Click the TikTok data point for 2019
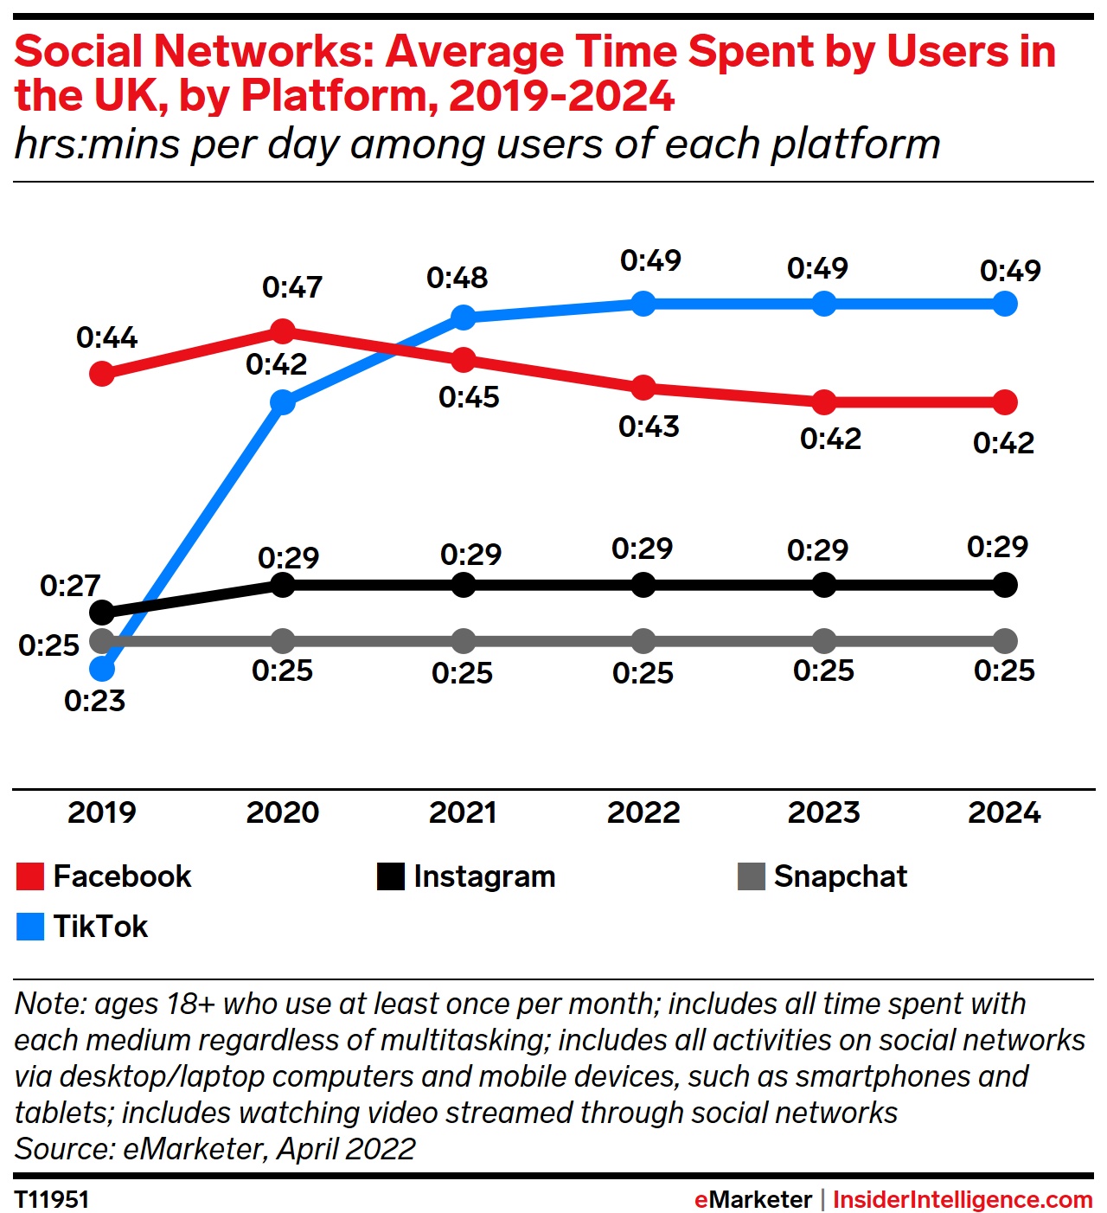102,669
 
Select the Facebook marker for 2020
283,331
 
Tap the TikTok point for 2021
464,318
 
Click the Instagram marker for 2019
102,613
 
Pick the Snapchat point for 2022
643,641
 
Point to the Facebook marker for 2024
1005,401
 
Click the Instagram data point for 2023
824,585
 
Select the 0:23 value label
94,701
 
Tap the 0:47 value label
292,287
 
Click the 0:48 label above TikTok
457,278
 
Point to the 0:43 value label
649,427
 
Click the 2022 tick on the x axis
643,812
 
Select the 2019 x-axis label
102,812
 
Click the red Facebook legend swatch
30,876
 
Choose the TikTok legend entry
100,927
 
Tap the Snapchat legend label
840,876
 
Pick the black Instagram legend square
391,876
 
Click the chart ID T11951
52,1200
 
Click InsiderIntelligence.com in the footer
963,1200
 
